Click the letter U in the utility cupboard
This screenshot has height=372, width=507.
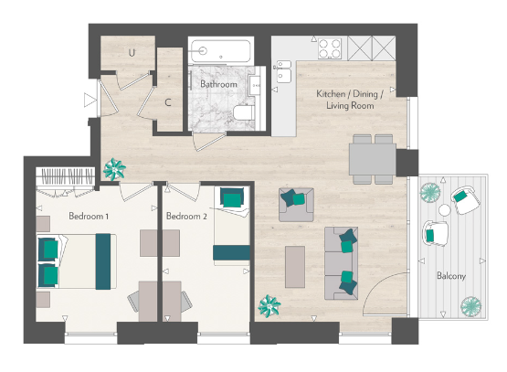point(132,52)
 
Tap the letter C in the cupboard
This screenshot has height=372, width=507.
point(168,102)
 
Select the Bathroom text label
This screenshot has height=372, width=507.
point(218,85)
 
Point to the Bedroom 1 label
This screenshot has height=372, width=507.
point(89,217)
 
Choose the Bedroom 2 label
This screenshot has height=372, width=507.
point(186,217)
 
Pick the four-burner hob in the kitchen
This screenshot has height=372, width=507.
point(328,46)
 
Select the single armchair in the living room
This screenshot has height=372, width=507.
point(296,203)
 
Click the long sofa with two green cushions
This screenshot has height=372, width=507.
point(342,260)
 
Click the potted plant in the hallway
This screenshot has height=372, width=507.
point(116,169)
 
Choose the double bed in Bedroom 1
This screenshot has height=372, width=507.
point(75,260)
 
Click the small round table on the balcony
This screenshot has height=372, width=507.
point(445,210)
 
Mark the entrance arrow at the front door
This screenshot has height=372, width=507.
point(89,100)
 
